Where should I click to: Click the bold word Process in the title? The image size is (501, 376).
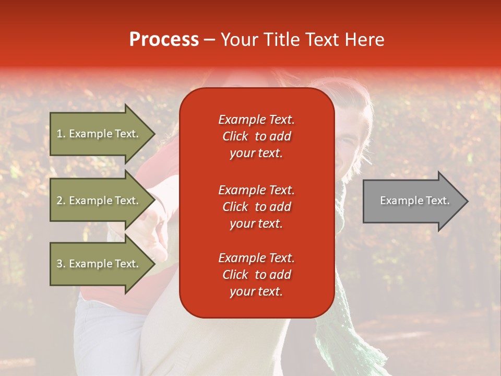click(164, 40)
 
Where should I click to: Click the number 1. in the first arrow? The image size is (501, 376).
click(61, 134)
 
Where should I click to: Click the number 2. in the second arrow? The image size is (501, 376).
click(61, 201)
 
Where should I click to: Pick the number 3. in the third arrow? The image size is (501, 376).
click(61, 264)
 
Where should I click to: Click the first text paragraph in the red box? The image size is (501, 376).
click(256, 136)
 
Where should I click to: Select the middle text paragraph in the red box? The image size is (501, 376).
click(256, 207)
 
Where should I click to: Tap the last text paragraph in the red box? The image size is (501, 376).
click(256, 275)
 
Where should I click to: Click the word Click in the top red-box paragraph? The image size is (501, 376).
click(235, 136)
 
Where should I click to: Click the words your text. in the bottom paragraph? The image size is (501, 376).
click(256, 292)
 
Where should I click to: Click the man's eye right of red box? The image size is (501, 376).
click(348, 140)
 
